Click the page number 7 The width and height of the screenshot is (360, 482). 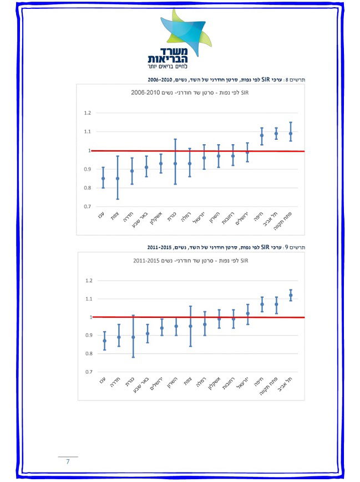click(x=68, y=461)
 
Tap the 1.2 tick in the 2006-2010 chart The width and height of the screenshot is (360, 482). click(x=87, y=113)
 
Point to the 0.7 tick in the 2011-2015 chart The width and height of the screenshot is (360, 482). click(x=88, y=372)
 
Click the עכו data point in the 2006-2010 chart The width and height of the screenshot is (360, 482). click(x=103, y=179)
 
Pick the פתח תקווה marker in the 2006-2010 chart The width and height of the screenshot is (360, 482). click(x=290, y=133)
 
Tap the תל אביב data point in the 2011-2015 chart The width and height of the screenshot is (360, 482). click(x=290, y=295)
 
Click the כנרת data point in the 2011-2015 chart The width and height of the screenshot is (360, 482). click(x=133, y=337)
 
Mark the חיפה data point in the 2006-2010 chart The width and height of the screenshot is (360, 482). click(x=262, y=135)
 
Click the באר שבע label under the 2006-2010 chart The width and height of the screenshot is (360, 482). click(x=143, y=219)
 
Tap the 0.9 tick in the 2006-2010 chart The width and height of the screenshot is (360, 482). click(x=87, y=169)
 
